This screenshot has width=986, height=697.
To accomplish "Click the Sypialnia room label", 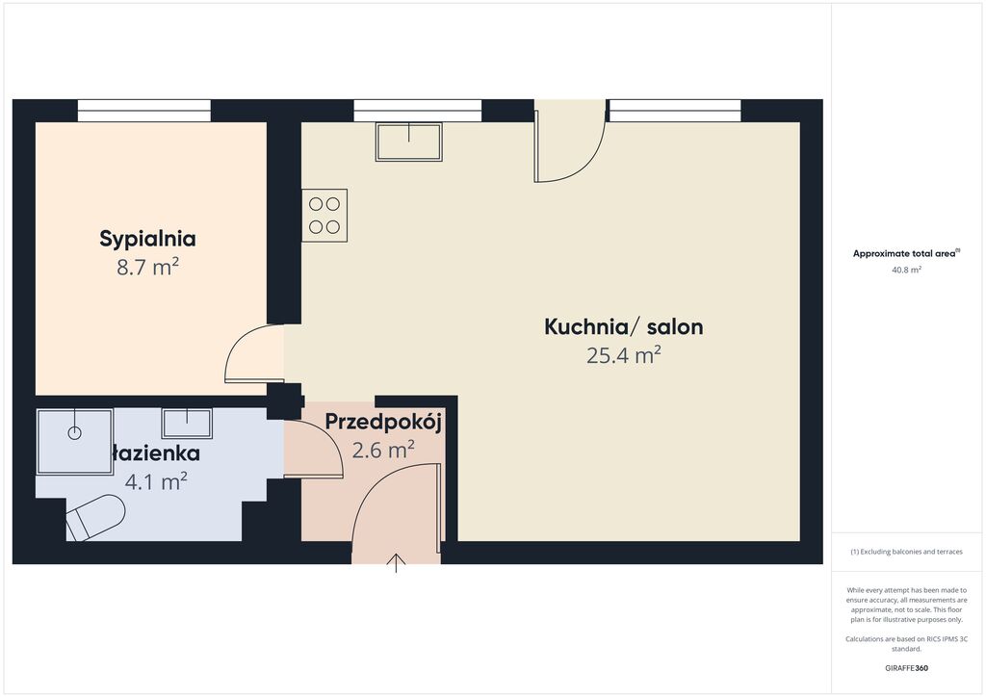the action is (x=147, y=239).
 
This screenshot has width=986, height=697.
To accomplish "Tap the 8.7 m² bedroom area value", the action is (x=147, y=267).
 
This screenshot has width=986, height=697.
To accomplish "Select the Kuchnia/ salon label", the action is (x=623, y=326).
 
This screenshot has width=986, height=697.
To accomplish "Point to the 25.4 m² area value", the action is (x=623, y=355).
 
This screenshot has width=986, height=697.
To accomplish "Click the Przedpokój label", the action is (x=383, y=422).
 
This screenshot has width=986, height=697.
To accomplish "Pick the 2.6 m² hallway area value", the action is (x=383, y=450).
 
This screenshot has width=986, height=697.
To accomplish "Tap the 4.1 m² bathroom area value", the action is (x=155, y=482).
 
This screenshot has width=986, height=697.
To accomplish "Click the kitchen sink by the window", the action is (x=408, y=142).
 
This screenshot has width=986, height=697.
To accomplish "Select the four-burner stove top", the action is (x=324, y=216).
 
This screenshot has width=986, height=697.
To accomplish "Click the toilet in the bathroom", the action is (x=95, y=517).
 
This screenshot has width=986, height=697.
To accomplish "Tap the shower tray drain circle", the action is (x=75, y=433).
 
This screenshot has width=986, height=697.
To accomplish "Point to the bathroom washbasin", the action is (x=187, y=423).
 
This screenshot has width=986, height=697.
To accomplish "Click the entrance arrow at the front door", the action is (x=396, y=563).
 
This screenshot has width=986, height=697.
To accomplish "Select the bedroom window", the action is (x=144, y=110).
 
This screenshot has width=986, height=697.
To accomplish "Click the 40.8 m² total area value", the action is (x=906, y=271).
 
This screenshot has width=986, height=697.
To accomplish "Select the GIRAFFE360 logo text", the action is (x=906, y=668).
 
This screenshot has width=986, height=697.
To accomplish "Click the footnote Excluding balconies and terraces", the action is (x=906, y=552).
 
